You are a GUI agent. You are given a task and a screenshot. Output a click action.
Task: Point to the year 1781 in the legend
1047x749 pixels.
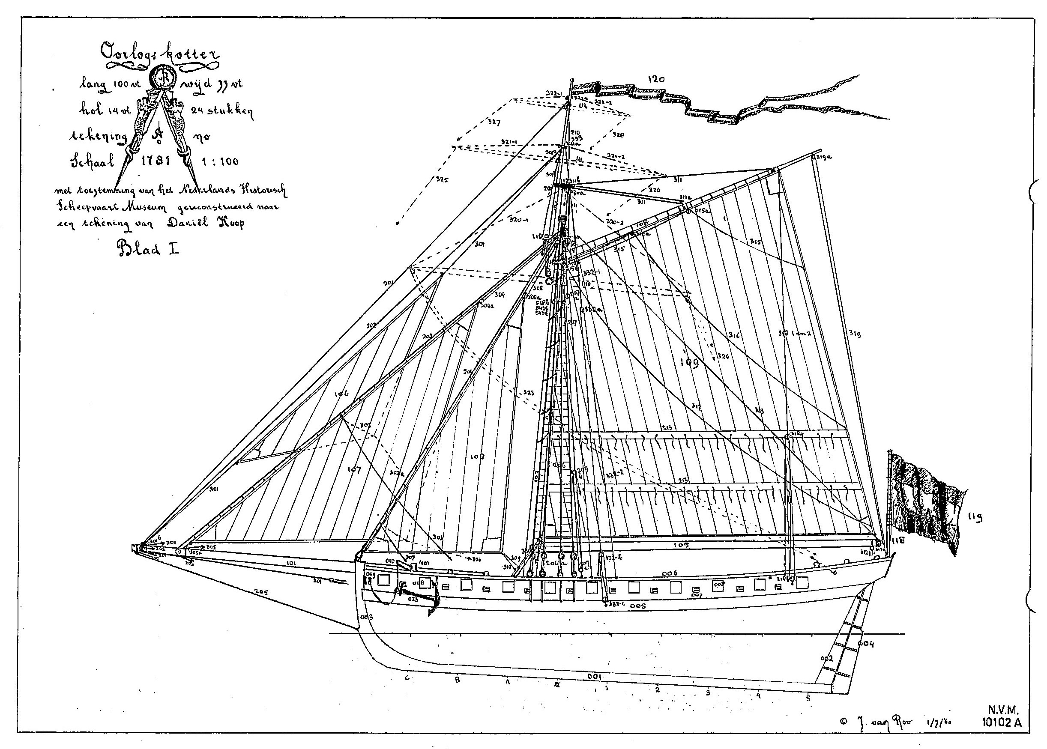[156, 161]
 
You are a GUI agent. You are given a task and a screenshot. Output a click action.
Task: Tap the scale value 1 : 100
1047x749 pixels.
[220, 161]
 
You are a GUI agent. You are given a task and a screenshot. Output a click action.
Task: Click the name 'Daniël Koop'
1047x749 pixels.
[206, 223]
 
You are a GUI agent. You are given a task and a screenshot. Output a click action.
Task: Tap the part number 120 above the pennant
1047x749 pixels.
[656, 79]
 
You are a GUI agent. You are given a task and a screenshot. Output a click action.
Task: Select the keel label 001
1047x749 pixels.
[595, 677]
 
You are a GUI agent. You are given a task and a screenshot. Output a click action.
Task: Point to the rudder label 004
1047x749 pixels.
[866, 644]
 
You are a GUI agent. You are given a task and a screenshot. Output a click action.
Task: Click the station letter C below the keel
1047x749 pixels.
[407, 677]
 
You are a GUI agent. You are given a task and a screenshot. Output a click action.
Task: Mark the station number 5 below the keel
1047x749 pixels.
[808, 698]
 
